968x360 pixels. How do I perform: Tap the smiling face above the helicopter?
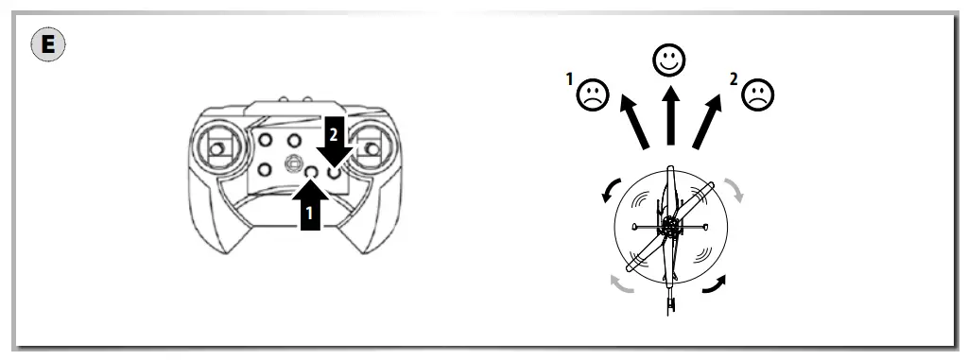669,60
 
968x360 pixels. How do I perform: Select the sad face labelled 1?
594,94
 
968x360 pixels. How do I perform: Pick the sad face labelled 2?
758,94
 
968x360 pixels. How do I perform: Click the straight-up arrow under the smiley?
669,116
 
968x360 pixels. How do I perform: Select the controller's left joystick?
217,149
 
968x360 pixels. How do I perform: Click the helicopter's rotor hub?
670,227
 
